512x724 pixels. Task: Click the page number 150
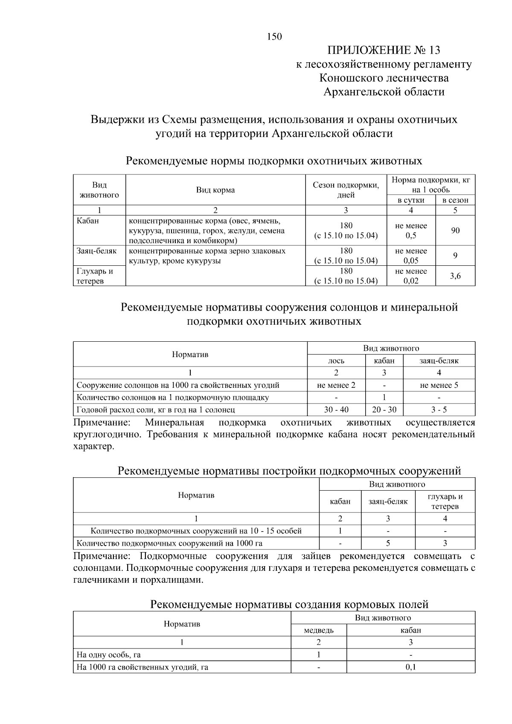click(x=274, y=37)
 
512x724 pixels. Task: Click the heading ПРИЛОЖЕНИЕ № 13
click(x=384, y=50)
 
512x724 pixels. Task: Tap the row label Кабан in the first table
click(x=87, y=221)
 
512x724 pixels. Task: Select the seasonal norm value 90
click(x=455, y=230)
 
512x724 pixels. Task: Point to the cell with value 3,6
click(x=455, y=276)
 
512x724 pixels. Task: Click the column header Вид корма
click(x=215, y=190)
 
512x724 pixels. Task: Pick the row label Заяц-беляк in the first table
click(x=96, y=251)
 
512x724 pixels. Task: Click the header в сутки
click(x=411, y=200)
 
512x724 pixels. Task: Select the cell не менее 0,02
click(x=411, y=276)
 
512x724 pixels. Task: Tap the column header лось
click(x=336, y=361)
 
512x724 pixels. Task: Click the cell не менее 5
click(x=439, y=385)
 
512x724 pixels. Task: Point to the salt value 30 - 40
click(x=336, y=410)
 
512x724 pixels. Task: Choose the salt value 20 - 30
click(x=384, y=410)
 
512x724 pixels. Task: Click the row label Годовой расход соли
click(x=155, y=410)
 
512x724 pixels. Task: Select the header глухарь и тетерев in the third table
click(x=445, y=501)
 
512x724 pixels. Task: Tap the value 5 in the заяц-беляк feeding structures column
click(x=388, y=543)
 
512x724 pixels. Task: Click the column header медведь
click(x=318, y=630)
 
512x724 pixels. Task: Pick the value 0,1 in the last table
click(x=410, y=667)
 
